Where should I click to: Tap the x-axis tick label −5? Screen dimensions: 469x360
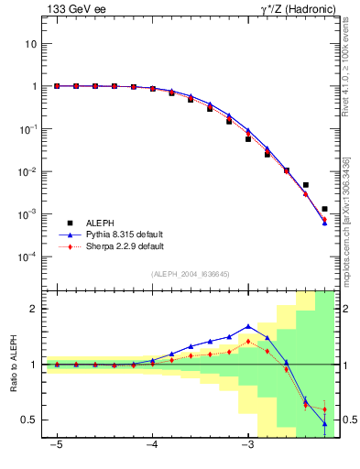[x=56, y=446]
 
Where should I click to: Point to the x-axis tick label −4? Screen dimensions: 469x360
[x=151, y=446]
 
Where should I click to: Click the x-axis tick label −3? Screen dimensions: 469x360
[x=246, y=446]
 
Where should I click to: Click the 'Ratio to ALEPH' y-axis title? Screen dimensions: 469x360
[x=14, y=364]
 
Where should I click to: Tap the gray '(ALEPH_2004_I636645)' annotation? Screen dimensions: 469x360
[x=191, y=274]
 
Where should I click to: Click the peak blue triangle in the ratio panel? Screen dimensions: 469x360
[x=248, y=325]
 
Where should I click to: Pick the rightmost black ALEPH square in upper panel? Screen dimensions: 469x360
[x=324, y=209]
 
